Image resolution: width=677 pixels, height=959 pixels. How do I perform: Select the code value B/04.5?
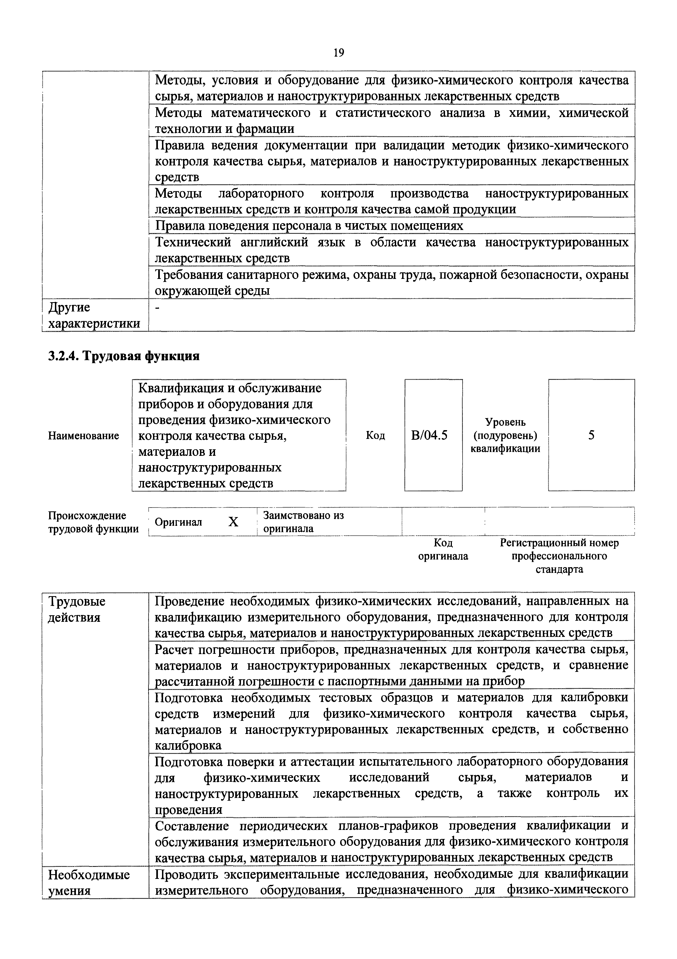click(429, 435)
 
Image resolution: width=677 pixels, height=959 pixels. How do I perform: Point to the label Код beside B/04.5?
click(375, 436)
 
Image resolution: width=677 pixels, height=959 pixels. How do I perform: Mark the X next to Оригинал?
click(233, 522)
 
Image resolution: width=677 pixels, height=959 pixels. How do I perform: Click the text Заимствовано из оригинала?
click(304, 522)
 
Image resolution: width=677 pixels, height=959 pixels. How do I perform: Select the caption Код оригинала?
click(443, 549)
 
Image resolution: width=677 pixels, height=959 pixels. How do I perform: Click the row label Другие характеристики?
click(94, 315)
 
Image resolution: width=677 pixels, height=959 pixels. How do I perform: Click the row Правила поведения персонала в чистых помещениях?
click(309, 226)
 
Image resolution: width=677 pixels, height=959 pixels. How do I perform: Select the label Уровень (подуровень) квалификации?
click(505, 435)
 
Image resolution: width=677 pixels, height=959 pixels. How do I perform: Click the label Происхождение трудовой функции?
click(93, 522)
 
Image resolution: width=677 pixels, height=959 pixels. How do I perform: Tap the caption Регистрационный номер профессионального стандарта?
click(559, 556)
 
